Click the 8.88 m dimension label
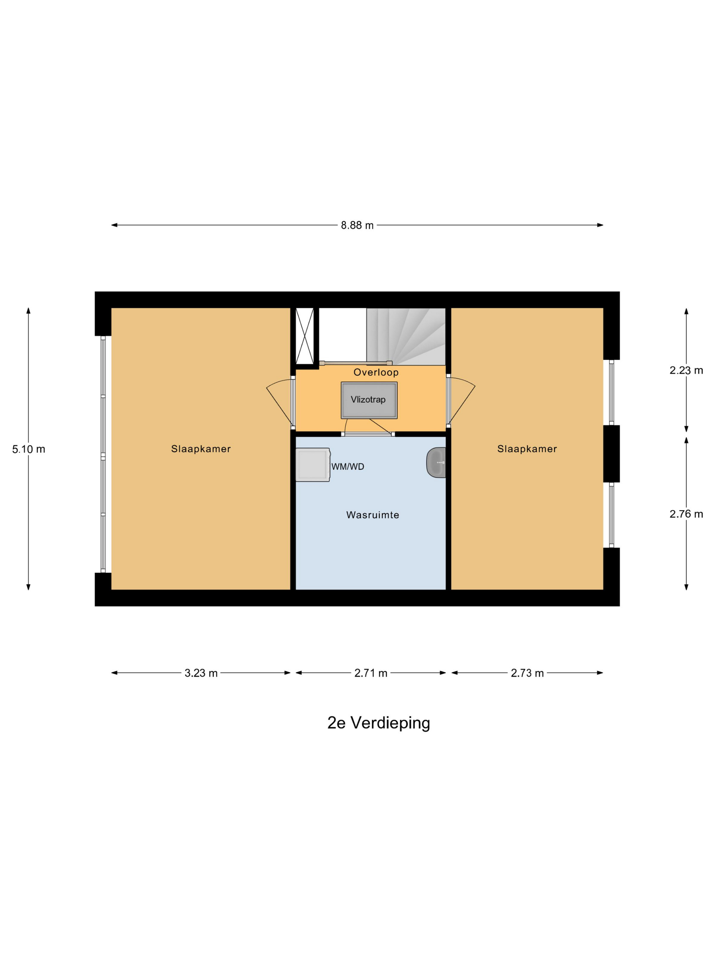coord(357,225)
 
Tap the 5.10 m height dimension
coord(29,449)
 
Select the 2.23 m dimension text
coord(686,370)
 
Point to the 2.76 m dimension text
coord(686,514)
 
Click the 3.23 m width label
coord(201,673)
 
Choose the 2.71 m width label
coord(371,673)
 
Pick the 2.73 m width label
coord(527,673)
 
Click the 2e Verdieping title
coord(378,723)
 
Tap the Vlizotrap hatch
coord(369,400)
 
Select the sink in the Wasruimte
coord(436,463)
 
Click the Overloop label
coord(376,372)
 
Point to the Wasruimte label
coord(372,515)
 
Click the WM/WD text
coord(347,467)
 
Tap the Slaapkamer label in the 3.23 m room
coord(201,449)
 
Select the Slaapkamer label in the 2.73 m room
coord(527,449)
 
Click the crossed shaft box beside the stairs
coord(304,336)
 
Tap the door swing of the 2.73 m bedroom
coord(461,401)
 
